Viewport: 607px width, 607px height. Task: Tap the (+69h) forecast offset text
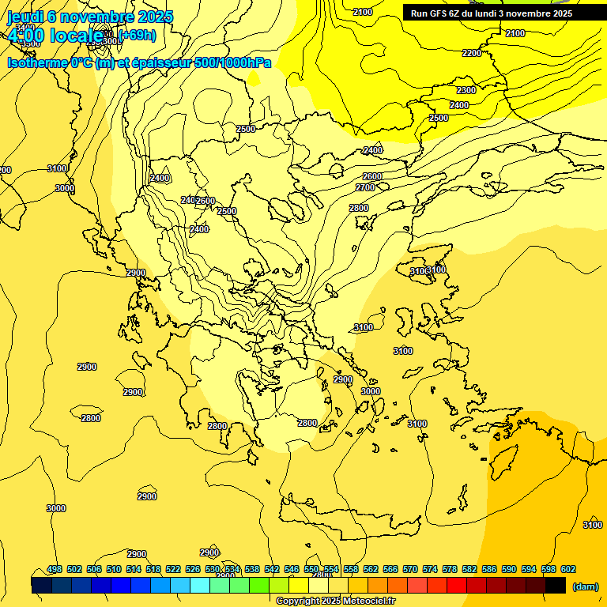point(137,35)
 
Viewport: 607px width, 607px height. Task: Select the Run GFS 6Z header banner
point(503,13)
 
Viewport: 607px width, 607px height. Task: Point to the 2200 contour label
point(471,53)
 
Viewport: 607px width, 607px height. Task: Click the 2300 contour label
point(466,91)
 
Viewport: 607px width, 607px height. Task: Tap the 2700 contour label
point(365,187)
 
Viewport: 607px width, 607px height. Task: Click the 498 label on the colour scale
point(55,570)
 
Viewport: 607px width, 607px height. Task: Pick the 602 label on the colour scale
point(567,570)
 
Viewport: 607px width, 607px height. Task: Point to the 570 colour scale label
point(410,570)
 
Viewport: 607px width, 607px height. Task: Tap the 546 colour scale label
point(292,570)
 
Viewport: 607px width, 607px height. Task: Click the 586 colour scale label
point(489,570)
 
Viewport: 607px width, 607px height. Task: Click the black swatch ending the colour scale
point(556,585)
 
